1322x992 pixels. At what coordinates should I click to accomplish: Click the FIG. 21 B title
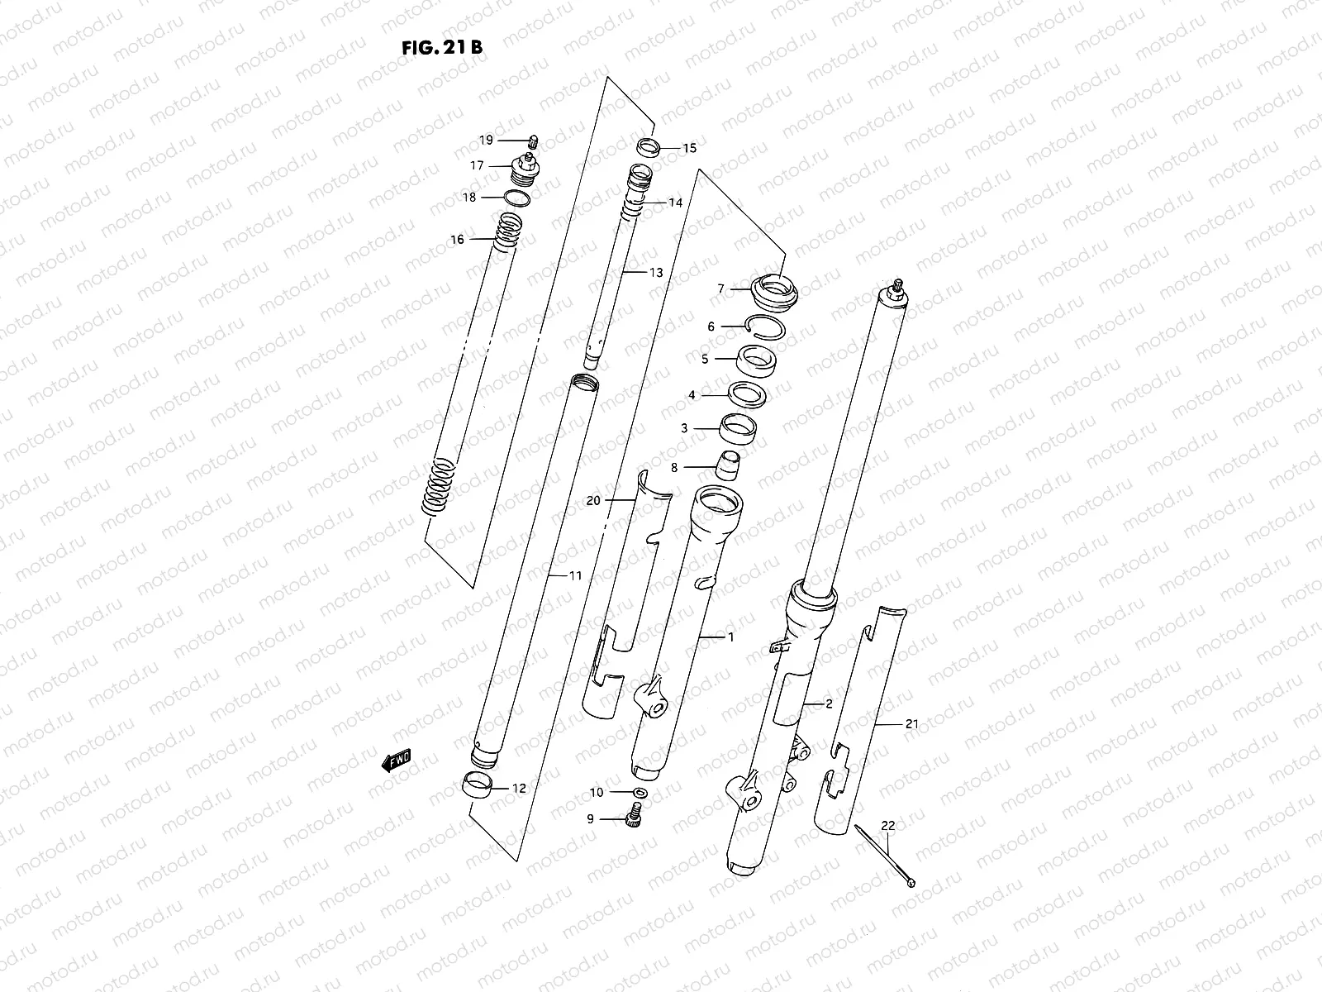point(441,47)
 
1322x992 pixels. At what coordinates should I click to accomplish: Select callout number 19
point(486,140)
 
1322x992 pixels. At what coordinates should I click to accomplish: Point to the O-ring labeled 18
point(517,198)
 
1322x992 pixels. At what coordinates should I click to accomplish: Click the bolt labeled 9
point(635,818)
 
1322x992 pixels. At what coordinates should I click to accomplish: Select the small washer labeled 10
point(638,793)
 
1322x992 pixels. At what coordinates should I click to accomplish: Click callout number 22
point(887,825)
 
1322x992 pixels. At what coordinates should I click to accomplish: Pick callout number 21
point(911,724)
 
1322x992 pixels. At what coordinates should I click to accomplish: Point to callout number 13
point(655,273)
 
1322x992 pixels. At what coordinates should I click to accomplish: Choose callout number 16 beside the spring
point(457,240)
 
